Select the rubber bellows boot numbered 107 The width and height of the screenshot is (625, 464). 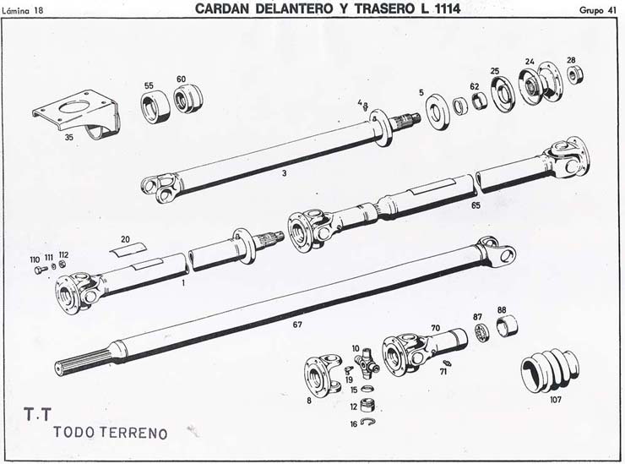(x=550, y=371)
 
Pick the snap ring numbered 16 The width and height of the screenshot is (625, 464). (x=367, y=422)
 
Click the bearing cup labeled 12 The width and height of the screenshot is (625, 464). (x=367, y=405)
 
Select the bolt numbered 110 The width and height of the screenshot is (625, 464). (x=40, y=270)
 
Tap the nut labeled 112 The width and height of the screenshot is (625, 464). (x=62, y=265)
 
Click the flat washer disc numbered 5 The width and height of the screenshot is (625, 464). (x=437, y=112)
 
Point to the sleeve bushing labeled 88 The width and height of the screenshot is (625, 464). (x=507, y=326)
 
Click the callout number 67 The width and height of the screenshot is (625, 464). (x=297, y=325)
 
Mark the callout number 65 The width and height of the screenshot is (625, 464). (x=476, y=205)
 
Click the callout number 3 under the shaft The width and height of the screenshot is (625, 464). (x=284, y=173)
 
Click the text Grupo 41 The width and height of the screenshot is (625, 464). (x=598, y=11)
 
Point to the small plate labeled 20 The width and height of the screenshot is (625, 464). (x=128, y=249)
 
